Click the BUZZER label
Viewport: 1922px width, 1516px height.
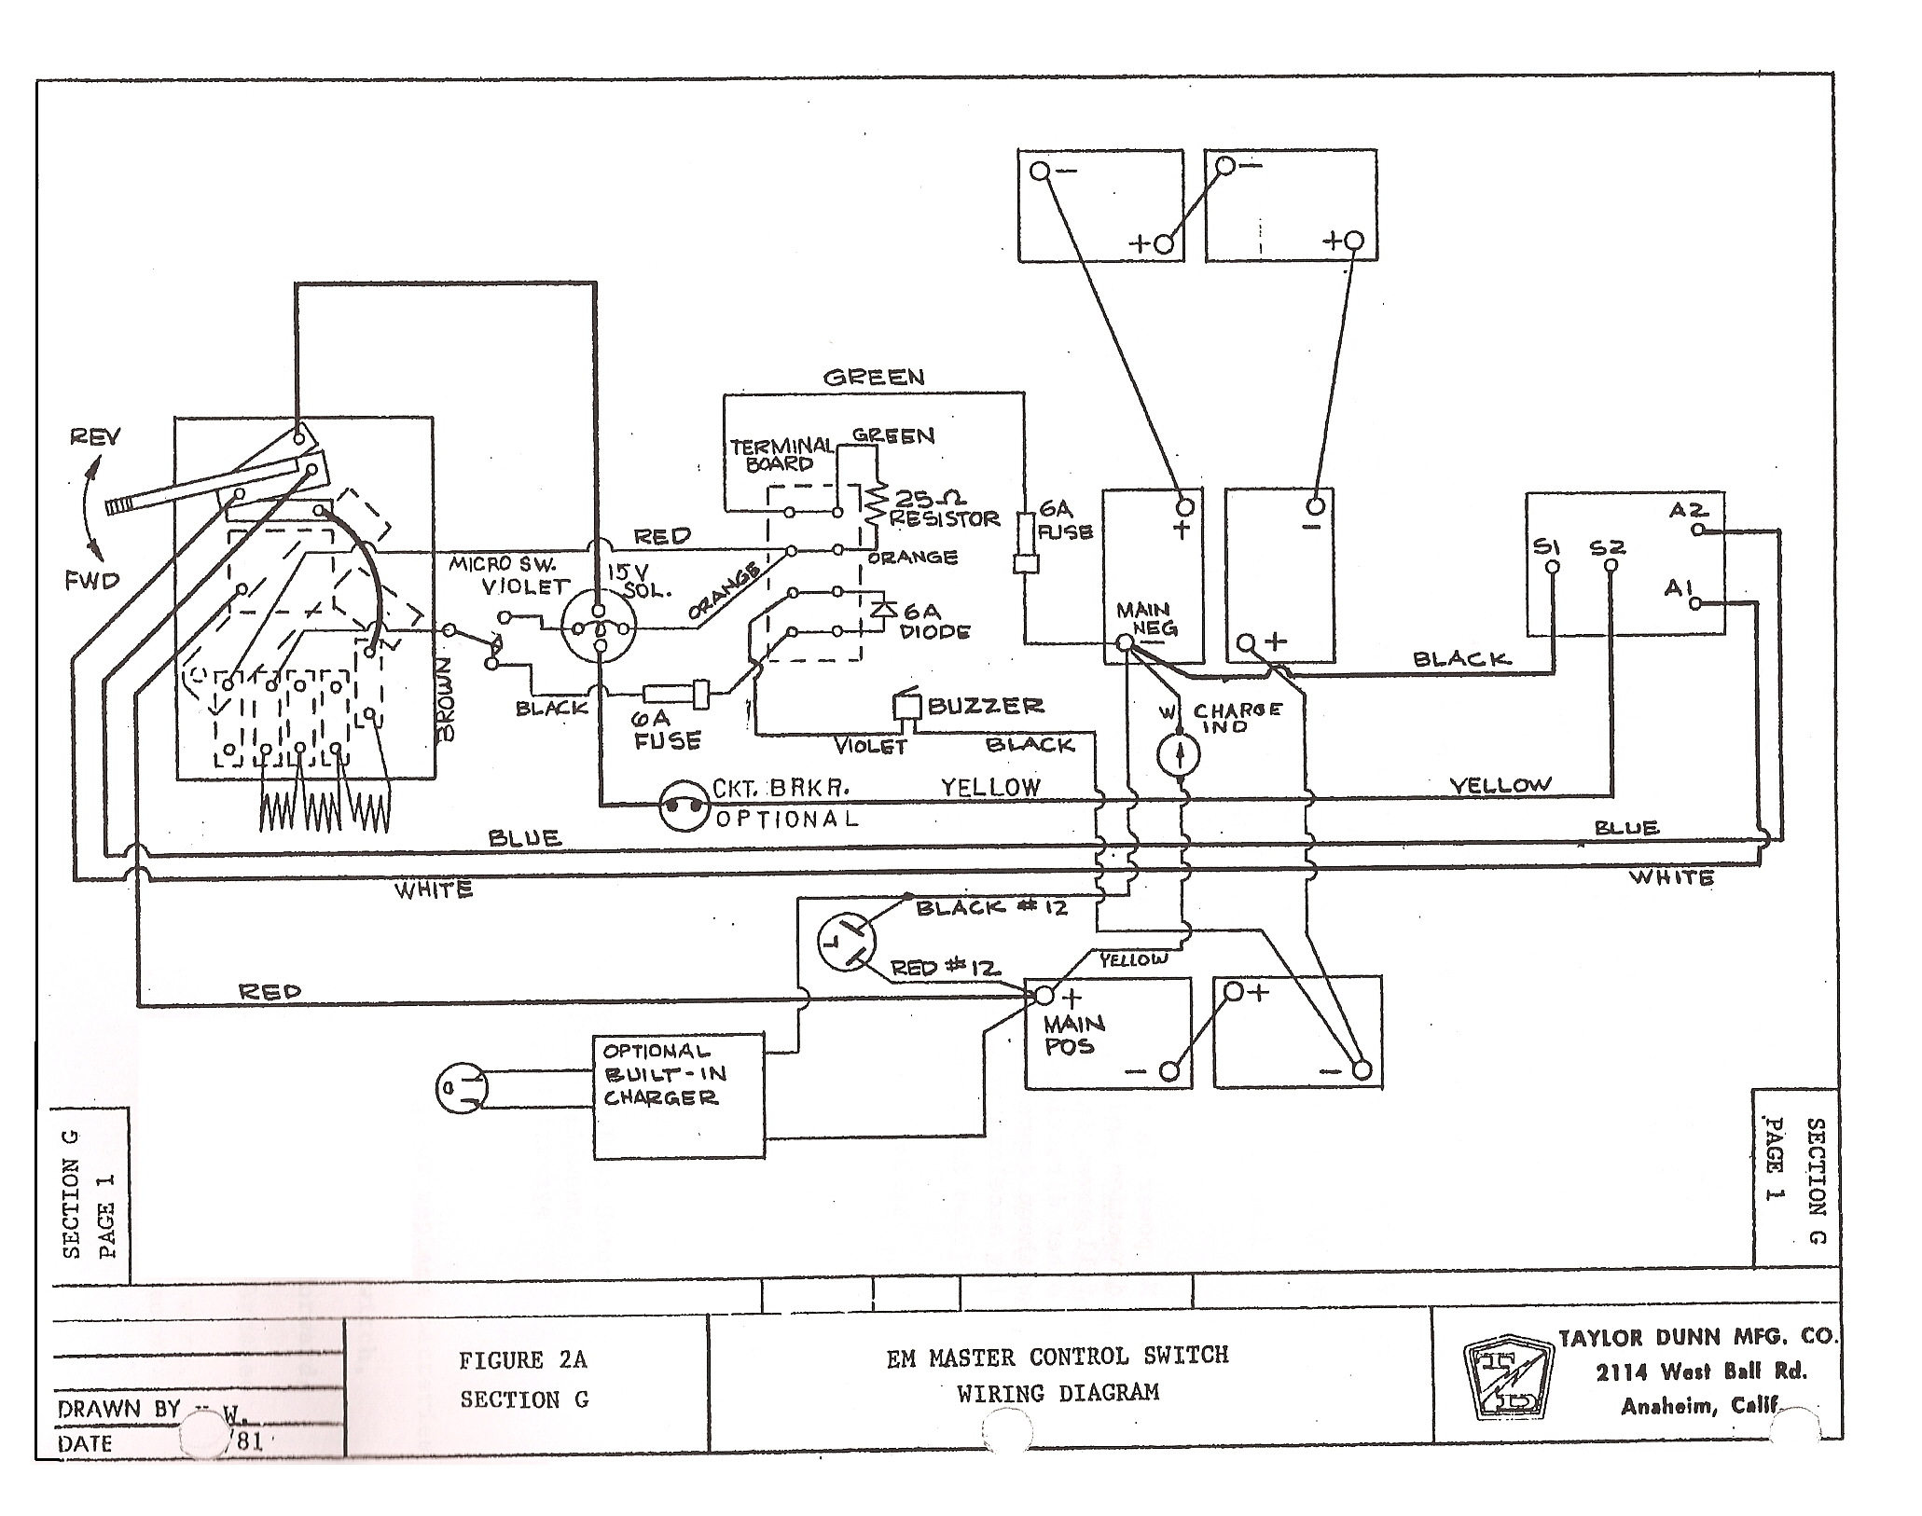985,706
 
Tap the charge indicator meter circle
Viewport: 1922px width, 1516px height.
1179,753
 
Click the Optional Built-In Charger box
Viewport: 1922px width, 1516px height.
679,1095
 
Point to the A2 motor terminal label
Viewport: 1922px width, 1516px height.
1689,510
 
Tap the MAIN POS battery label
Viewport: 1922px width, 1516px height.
1072,1035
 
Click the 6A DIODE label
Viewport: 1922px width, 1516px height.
933,622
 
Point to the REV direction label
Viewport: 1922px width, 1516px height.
95,436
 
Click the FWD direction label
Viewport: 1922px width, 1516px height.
92,581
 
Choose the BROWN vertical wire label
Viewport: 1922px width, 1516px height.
446,699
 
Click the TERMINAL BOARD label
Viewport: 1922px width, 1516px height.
781,454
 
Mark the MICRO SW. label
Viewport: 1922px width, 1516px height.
502,564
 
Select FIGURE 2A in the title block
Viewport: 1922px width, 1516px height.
522,1360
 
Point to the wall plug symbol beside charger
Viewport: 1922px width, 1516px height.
461,1088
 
